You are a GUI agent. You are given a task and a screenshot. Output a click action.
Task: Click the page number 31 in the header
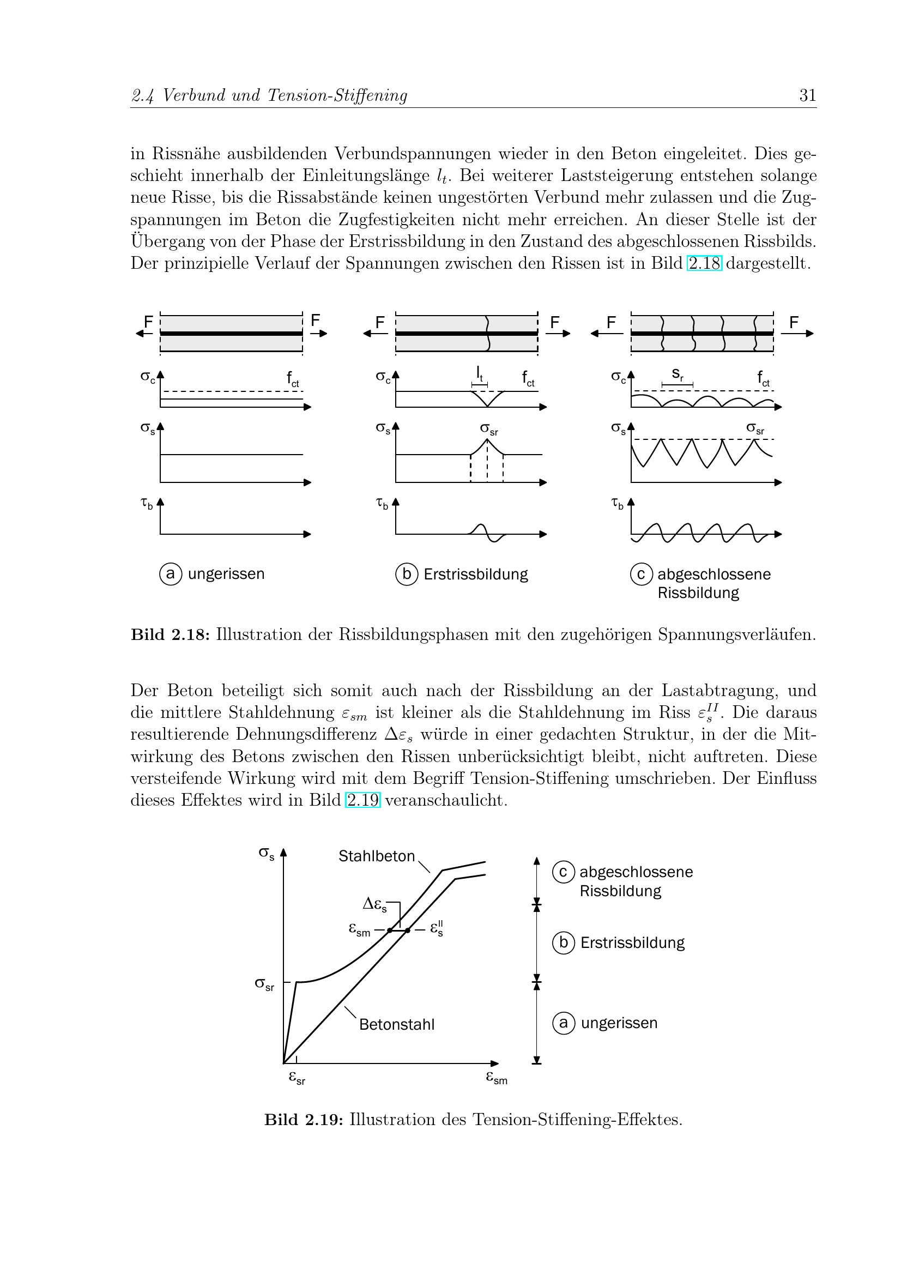click(x=807, y=95)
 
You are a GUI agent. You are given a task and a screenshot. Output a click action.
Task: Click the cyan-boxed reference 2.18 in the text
click(x=704, y=263)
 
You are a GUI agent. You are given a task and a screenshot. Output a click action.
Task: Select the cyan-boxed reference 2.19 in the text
click(x=362, y=800)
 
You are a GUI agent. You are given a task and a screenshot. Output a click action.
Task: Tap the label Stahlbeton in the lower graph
click(x=377, y=856)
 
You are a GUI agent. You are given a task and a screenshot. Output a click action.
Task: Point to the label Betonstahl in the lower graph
click(x=396, y=1025)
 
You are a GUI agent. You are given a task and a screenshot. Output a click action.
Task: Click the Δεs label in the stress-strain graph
click(x=374, y=905)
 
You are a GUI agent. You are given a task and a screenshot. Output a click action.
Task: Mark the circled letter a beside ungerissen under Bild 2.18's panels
click(x=171, y=573)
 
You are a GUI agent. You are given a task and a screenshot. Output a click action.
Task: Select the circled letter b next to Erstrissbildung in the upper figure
click(x=407, y=573)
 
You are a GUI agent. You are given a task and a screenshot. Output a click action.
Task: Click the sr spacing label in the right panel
click(x=678, y=374)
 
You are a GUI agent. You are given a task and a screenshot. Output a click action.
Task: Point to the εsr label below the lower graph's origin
click(x=297, y=1078)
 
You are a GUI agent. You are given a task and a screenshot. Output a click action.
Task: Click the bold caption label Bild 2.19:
click(x=304, y=1120)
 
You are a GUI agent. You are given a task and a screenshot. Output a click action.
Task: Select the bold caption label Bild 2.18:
click(x=170, y=634)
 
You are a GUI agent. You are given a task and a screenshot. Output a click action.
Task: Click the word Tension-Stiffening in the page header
click(x=337, y=95)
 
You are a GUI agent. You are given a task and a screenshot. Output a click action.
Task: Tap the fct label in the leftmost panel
click(x=293, y=379)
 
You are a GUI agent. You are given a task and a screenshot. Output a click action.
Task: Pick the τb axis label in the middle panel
click(x=382, y=504)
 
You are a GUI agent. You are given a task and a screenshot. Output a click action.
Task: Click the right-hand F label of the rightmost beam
click(x=794, y=322)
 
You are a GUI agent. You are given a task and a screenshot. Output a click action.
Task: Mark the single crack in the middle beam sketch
click(x=487, y=333)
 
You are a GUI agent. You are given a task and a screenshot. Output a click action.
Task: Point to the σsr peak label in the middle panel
click(x=488, y=429)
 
